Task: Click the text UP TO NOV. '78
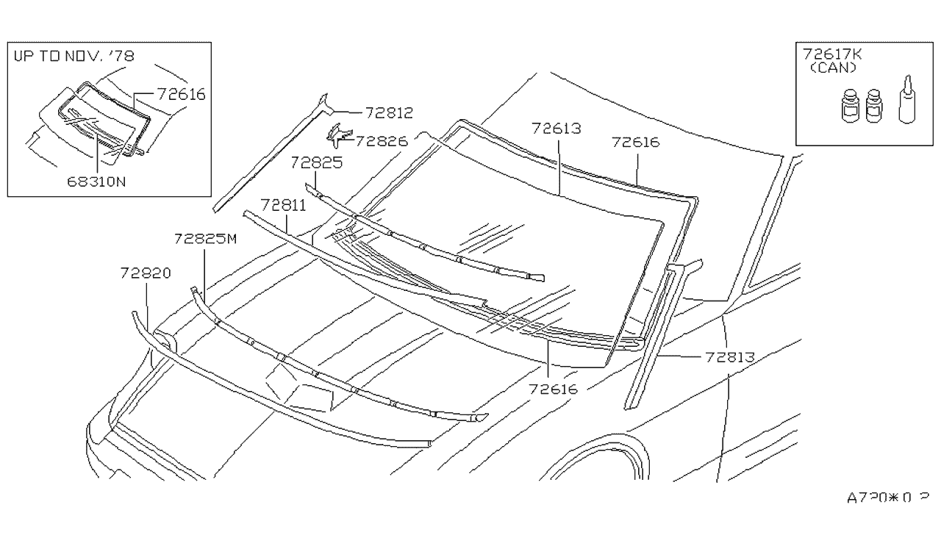point(73,56)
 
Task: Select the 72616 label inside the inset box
point(180,94)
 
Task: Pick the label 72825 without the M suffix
point(316,163)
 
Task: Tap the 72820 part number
point(146,273)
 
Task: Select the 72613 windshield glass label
point(557,128)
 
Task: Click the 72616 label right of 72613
point(635,143)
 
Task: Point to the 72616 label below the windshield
point(553,389)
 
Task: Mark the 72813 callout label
point(730,357)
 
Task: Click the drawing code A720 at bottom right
point(887,497)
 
